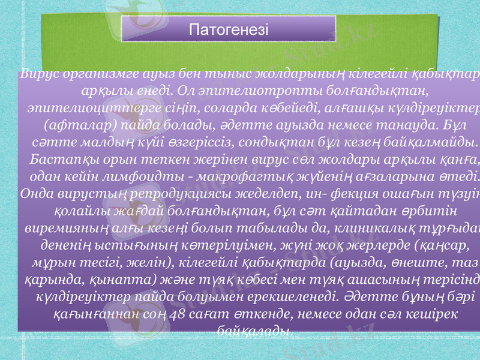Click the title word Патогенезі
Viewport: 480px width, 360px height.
tap(229, 29)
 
